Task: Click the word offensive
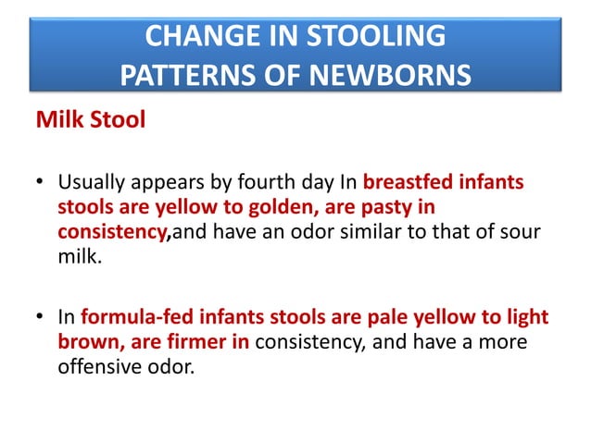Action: (x=99, y=366)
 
